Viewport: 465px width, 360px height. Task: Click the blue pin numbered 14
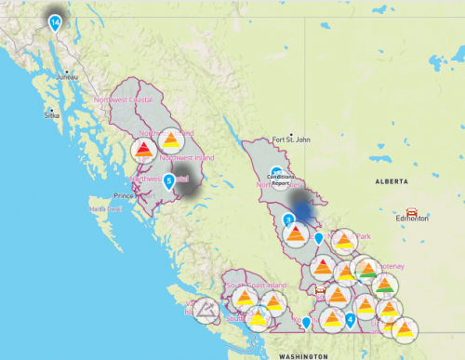(56, 22)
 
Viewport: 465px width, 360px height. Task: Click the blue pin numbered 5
(168, 180)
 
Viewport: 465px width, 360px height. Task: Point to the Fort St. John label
(289, 140)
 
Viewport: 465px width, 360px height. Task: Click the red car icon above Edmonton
(412, 210)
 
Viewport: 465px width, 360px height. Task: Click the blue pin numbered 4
(350, 320)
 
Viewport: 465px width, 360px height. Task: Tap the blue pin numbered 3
(289, 220)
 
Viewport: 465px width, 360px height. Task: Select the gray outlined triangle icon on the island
(203, 307)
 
